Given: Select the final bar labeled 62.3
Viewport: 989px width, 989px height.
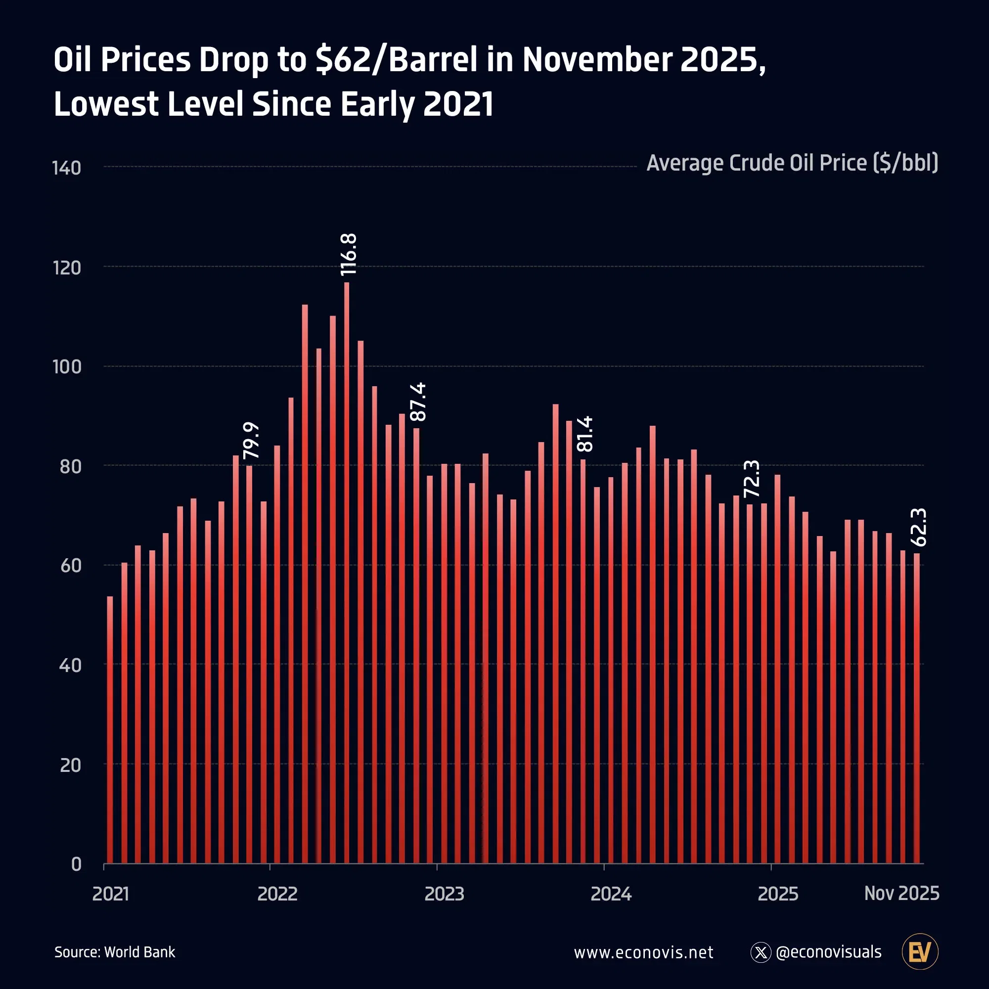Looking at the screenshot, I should click(916, 707).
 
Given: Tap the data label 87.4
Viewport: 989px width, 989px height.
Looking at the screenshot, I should click(418, 402).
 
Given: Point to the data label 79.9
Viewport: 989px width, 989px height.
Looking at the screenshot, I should click(251, 440).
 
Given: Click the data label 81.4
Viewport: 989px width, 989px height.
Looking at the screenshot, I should click(584, 434).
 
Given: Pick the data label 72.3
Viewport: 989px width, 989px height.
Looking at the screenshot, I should click(752, 479).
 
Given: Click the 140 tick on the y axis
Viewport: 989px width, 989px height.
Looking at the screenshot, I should click(67, 168).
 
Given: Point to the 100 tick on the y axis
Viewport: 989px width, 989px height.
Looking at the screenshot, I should click(67, 366).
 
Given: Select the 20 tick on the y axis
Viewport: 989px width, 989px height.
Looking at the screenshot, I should click(70, 765).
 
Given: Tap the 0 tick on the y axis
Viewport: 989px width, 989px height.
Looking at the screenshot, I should click(76, 864).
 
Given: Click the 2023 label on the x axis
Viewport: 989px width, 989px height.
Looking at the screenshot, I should click(445, 894).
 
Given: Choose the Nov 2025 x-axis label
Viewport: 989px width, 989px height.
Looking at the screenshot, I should click(901, 893).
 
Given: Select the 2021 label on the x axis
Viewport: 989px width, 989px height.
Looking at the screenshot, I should click(111, 894).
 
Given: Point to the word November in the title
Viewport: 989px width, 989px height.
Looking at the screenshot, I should click(596, 59).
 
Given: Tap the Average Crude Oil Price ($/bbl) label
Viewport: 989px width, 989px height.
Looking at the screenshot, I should click(792, 163).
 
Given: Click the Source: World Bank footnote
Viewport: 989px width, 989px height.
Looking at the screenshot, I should click(115, 952).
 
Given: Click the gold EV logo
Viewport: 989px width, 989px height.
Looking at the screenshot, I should click(919, 951).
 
